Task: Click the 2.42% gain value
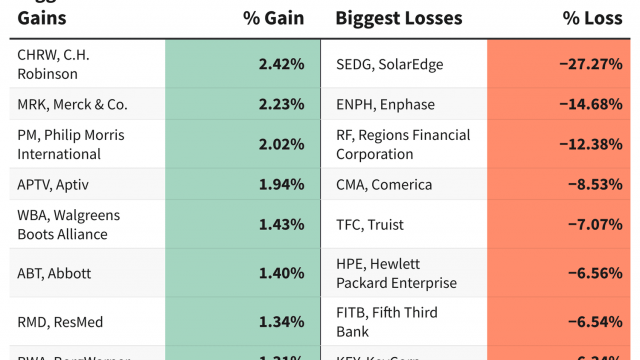[x=281, y=65]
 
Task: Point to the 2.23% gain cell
[x=281, y=104]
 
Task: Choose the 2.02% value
[x=281, y=144]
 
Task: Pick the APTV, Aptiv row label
[x=56, y=184]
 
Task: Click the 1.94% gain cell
[x=281, y=184]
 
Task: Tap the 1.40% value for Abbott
[x=281, y=273]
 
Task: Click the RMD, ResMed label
[x=60, y=322]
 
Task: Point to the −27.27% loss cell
[x=590, y=65]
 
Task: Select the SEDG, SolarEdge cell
[x=389, y=65]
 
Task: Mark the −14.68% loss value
[x=590, y=104]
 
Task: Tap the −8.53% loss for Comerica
[x=594, y=184]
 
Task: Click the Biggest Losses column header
[x=399, y=18]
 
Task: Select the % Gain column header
[x=274, y=18]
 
